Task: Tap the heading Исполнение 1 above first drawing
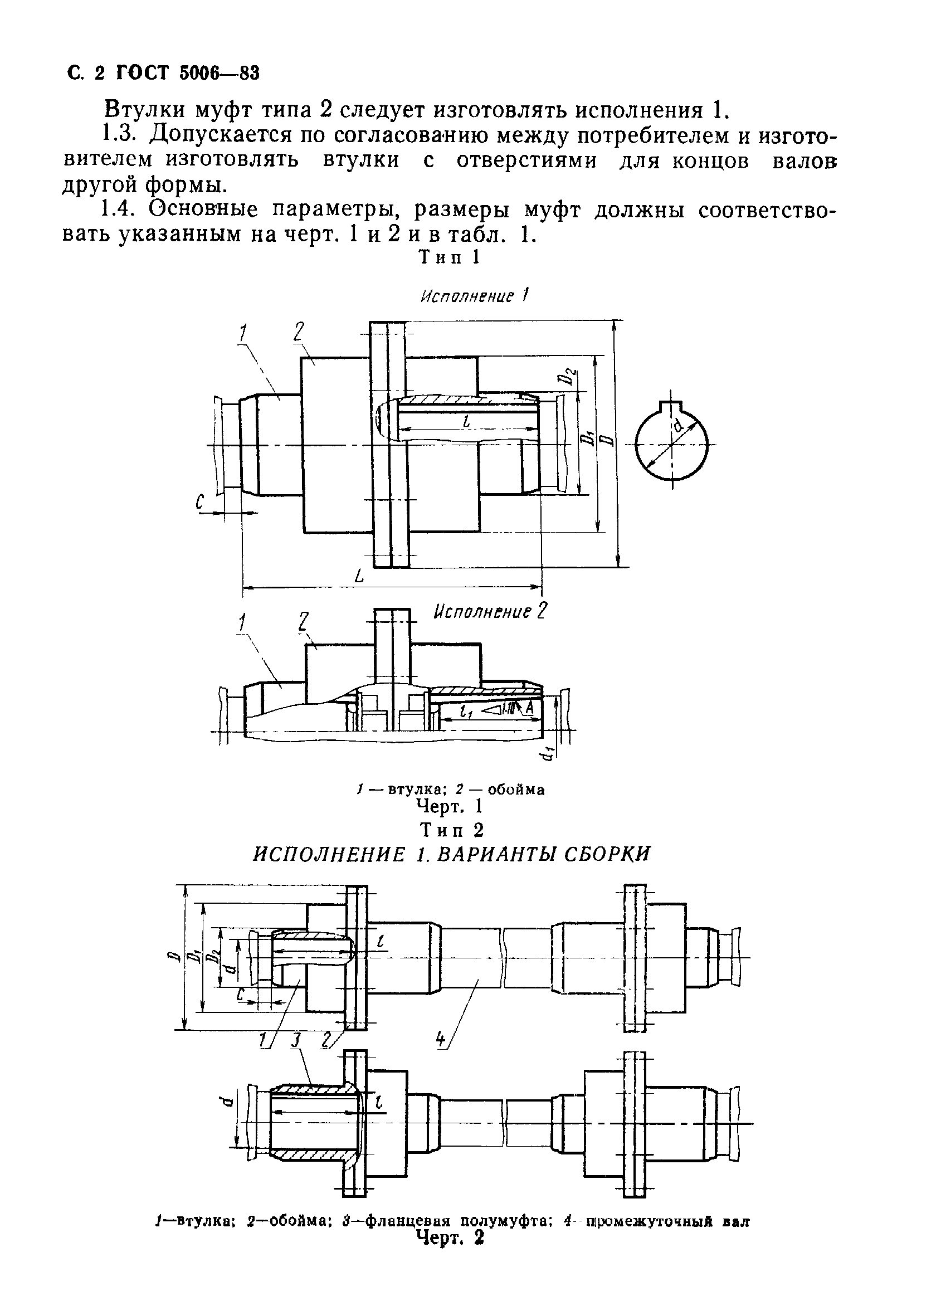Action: coord(474,296)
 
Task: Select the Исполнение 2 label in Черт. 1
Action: coord(490,612)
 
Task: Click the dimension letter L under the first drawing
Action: coord(358,577)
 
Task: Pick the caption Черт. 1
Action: coord(450,806)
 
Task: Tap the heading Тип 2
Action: coord(451,829)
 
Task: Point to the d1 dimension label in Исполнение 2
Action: coord(548,754)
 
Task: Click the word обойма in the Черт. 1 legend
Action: coord(516,790)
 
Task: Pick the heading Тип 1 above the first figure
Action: coord(450,257)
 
